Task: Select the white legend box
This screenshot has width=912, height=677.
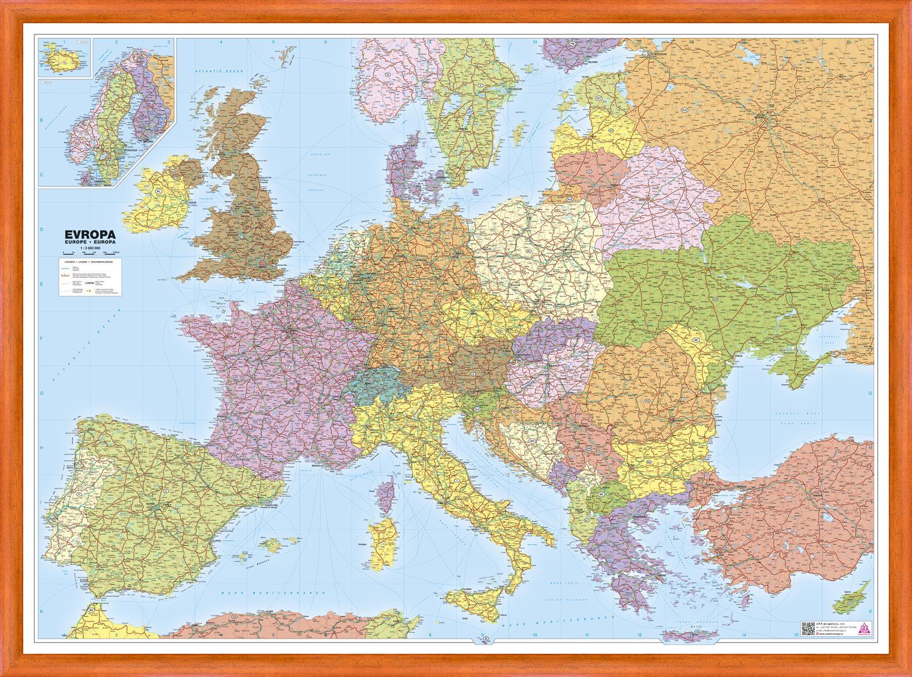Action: coord(90,278)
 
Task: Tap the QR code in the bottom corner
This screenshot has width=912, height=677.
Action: coord(807,629)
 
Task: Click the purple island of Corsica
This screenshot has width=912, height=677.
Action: coord(383,494)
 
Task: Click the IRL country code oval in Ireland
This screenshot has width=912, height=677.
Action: coord(158,190)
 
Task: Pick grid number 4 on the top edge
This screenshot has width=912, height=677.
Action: coord(221,41)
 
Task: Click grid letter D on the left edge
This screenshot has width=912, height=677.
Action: coord(41,229)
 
